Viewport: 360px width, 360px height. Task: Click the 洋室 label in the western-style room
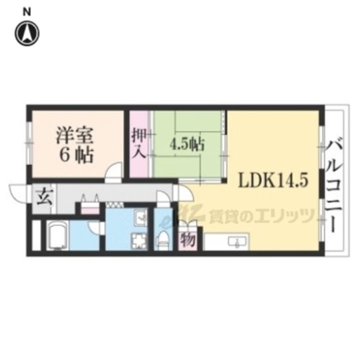tap(73, 135)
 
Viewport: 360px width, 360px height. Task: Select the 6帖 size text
tap(76, 155)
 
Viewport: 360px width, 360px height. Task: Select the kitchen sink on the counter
tap(234, 243)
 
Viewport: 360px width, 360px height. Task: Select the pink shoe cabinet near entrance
tap(90, 209)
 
